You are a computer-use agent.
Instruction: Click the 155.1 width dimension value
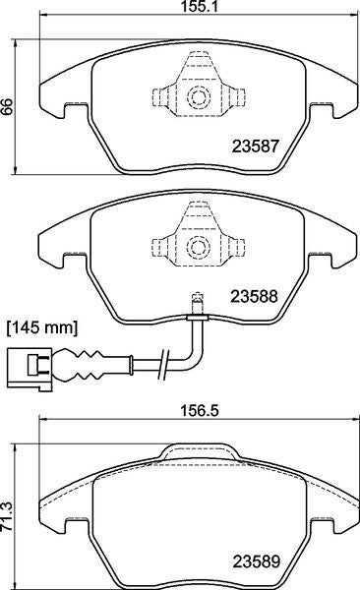(193, 7)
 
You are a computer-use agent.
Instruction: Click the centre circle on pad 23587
(196, 96)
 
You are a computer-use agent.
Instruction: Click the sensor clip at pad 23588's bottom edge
(196, 316)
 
